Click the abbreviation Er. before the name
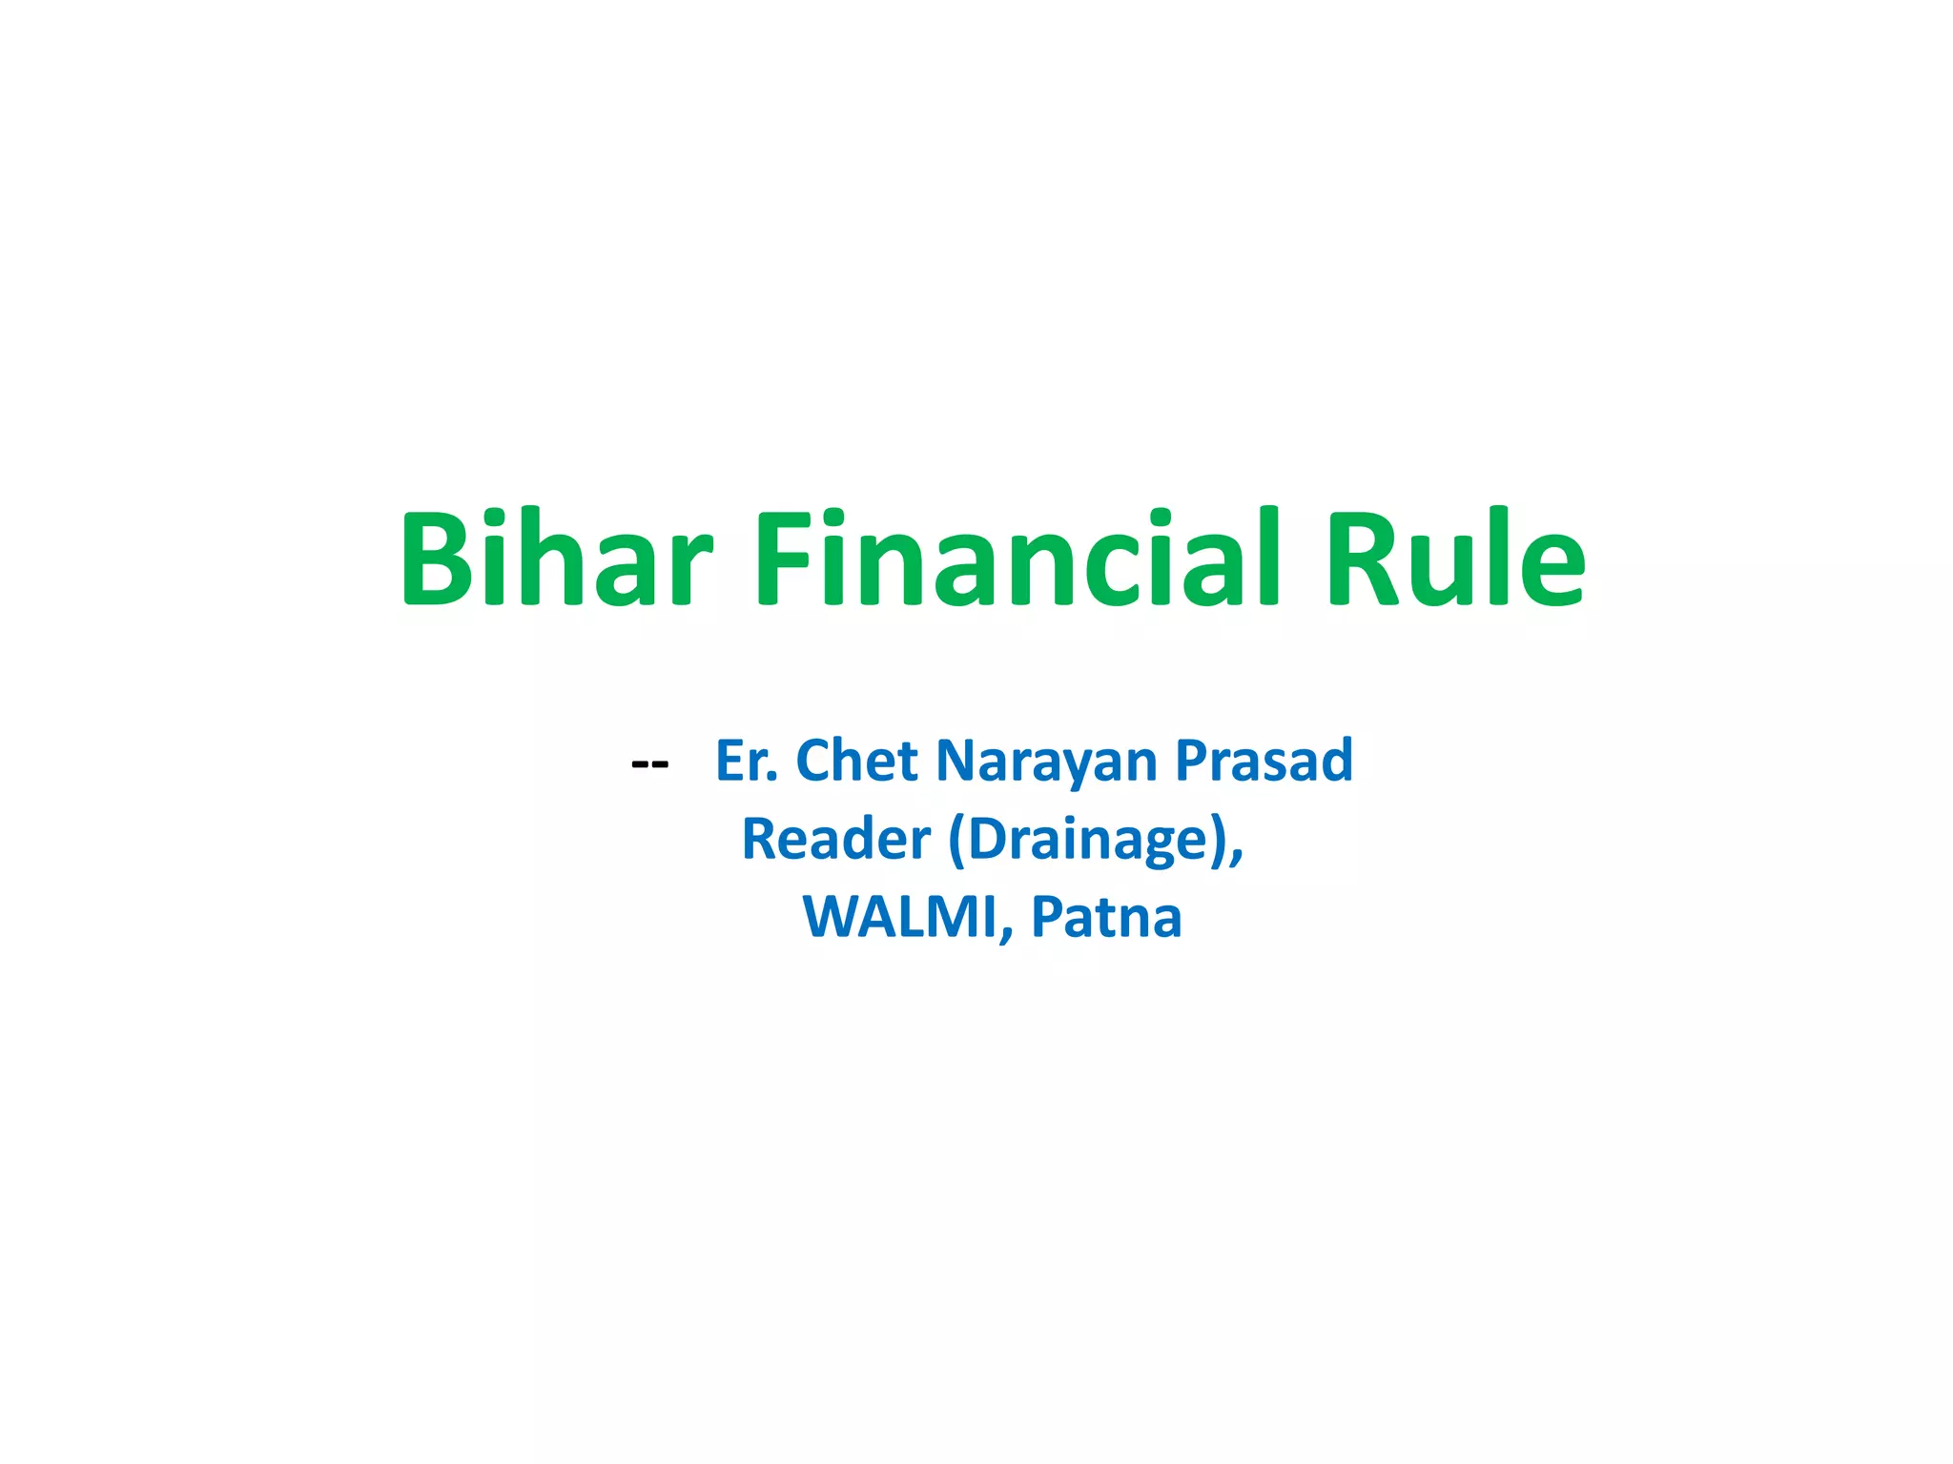pos(747,761)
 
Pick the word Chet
pos(856,761)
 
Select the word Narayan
pos(1046,762)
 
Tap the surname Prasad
pos(1264,761)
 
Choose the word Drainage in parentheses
pos(1087,841)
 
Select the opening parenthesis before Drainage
pos(956,841)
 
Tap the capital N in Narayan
pos(956,761)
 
